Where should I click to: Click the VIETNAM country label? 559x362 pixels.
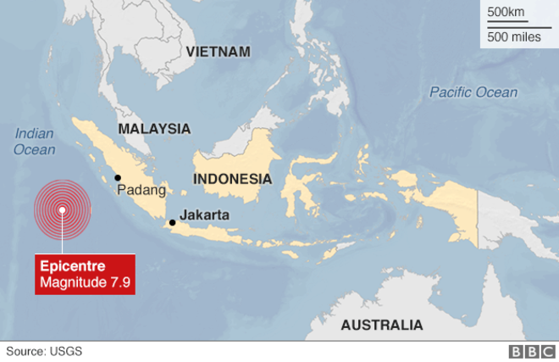(218, 52)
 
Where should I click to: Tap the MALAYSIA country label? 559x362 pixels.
(154, 129)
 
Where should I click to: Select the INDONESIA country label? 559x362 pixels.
(232, 179)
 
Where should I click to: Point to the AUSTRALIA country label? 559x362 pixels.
(381, 325)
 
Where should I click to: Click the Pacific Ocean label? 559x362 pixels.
(473, 92)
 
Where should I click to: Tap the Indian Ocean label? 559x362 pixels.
(35, 142)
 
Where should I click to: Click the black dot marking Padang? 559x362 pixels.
(118, 177)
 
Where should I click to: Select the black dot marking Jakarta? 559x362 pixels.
(173, 223)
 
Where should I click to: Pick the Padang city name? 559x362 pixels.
(141, 190)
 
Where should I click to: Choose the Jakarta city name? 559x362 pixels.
(204, 215)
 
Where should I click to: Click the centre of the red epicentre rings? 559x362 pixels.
(62, 211)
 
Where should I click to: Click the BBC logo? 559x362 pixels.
(529, 351)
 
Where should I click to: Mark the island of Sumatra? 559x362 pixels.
(119, 161)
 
